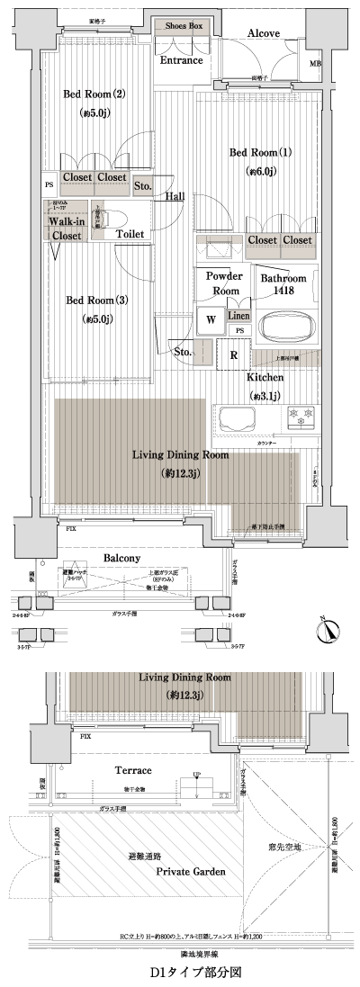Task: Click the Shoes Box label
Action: (184, 27)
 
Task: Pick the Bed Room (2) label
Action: (87, 94)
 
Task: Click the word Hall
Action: (175, 197)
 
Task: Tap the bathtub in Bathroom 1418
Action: (287, 325)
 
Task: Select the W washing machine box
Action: (210, 319)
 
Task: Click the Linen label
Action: (238, 316)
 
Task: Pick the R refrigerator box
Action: (233, 354)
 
